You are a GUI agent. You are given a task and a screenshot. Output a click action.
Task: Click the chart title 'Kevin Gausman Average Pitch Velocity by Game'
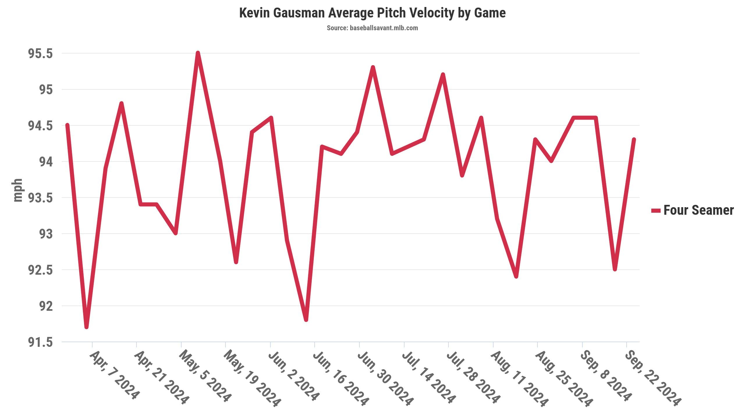(372, 13)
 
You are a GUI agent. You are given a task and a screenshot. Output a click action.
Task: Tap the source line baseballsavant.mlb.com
(372, 28)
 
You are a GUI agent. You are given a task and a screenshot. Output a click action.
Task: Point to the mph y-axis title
(18, 190)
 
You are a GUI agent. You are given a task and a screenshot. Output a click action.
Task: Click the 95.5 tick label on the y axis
(40, 54)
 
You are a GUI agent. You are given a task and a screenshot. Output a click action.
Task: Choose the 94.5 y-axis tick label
(40, 126)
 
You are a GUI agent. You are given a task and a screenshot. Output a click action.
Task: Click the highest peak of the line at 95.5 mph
(198, 53)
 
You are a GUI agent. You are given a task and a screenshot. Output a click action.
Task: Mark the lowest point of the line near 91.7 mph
(86, 327)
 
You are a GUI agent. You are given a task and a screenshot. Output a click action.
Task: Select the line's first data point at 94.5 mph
(68, 125)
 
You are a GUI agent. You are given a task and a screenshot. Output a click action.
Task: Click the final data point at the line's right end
(634, 140)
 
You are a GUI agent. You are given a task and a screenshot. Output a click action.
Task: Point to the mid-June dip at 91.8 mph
(306, 320)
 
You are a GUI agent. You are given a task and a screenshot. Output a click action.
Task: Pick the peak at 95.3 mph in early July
(373, 68)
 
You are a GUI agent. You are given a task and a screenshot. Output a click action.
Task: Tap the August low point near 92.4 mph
(516, 276)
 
